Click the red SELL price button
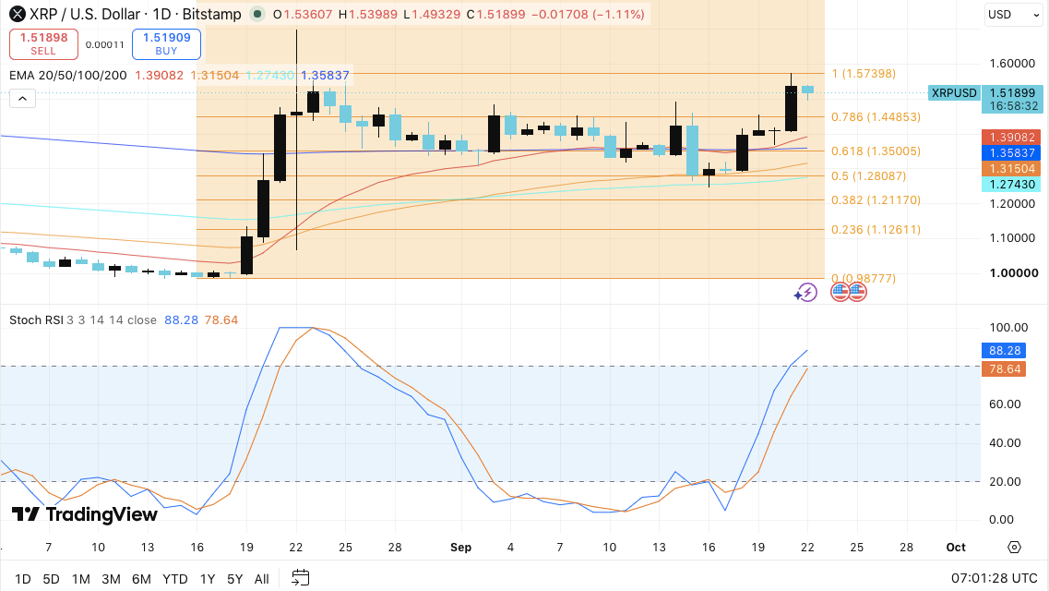43,44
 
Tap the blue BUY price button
167,44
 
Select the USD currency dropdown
1013,15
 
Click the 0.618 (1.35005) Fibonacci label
876,151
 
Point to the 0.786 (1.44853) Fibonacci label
876,117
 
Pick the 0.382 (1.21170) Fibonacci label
876,200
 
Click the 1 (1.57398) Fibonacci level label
864,74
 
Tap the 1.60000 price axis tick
1012,64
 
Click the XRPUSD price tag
954,93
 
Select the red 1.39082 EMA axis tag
1011,138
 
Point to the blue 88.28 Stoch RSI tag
1004,351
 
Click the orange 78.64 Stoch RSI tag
1004,368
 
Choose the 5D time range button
52,579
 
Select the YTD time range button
175,579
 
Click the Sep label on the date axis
461,548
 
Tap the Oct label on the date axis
956,548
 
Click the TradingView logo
84,514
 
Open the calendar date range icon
301,578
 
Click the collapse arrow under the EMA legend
22,99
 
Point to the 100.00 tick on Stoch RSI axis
1008,327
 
